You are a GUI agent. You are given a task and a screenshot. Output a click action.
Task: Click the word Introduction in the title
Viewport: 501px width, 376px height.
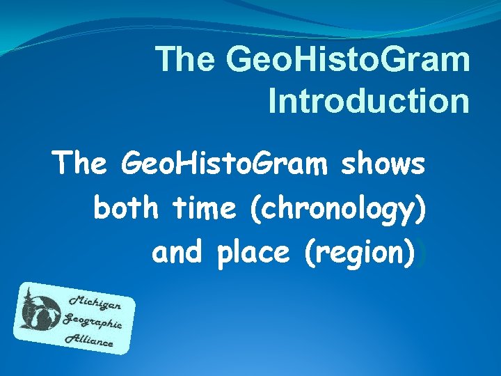coord(369,100)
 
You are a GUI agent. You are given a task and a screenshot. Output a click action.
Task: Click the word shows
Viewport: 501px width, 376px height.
coord(383,165)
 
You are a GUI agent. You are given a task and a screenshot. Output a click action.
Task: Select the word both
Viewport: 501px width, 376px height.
coord(125,208)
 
